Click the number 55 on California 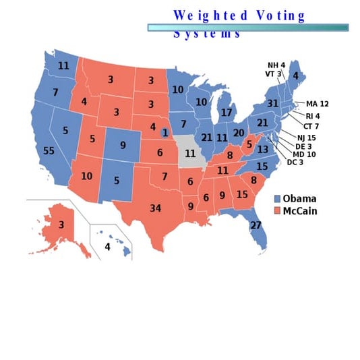pos(48,151)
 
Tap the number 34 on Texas pos(156,208)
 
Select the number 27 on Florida pos(256,225)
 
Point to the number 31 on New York pos(272,103)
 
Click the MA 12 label pos(317,104)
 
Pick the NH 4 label pos(276,65)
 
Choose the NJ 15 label pos(305,138)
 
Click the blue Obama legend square pos(277,198)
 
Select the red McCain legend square pos(277,211)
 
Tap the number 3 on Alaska pos(61,224)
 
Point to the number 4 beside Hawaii pos(107,247)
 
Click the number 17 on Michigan pos(227,113)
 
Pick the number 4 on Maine pos(295,77)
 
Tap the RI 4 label pos(313,116)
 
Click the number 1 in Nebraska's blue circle pos(165,133)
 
